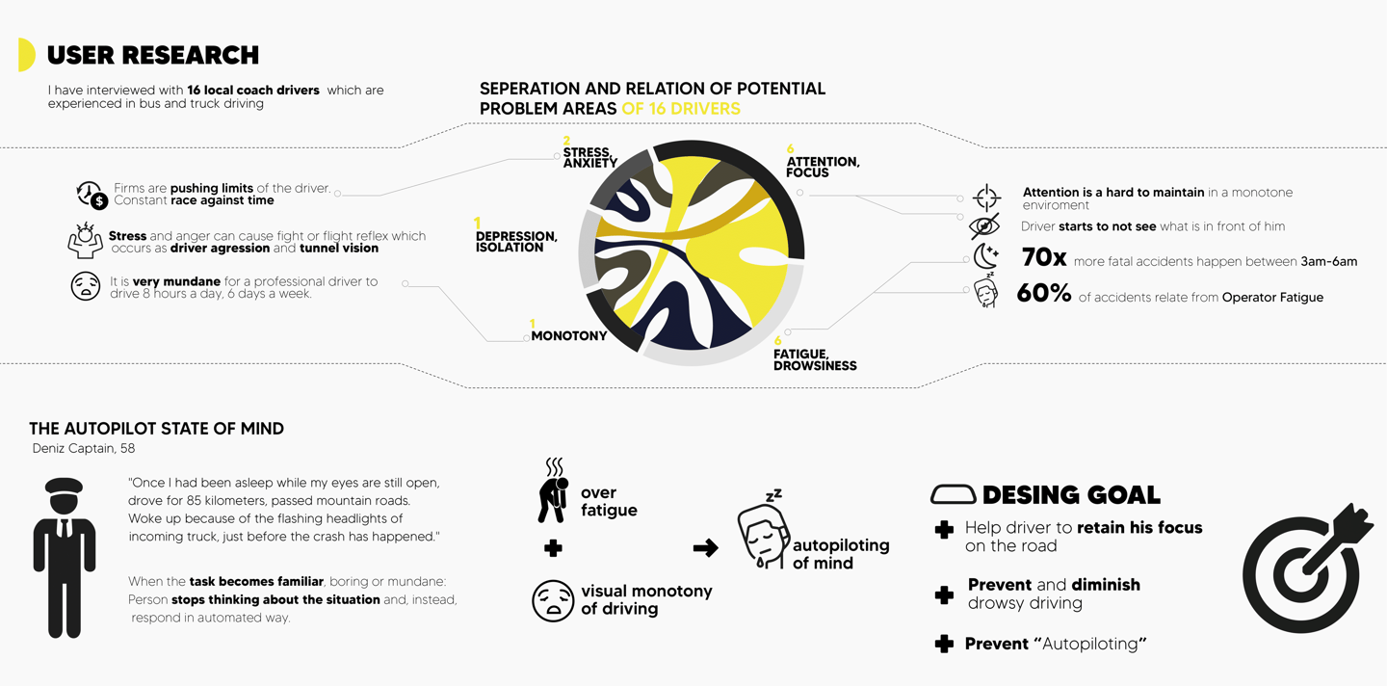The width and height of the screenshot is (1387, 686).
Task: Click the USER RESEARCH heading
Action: [x=152, y=55]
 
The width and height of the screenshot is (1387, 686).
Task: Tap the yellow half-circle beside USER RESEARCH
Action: [x=27, y=55]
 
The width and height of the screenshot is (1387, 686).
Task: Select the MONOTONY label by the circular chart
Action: [x=568, y=335]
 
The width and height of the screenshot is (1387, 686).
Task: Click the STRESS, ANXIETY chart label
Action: [x=589, y=157]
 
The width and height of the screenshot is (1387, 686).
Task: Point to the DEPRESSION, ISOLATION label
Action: [x=516, y=241]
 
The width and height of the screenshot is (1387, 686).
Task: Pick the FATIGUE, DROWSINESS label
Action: [x=814, y=359]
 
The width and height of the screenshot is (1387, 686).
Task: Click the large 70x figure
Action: [x=1043, y=258]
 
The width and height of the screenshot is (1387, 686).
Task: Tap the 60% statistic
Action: [x=1044, y=294]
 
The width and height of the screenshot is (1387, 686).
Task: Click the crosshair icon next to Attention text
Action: [x=986, y=198]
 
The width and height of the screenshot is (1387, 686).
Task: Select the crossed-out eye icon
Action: [x=984, y=227]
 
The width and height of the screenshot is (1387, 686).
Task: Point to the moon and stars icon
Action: [x=985, y=256]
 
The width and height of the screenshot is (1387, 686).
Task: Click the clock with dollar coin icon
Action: [x=92, y=195]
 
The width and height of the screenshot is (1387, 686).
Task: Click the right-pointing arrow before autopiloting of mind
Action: [x=705, y=548]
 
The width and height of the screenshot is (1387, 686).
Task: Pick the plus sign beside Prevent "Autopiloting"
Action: [x=944, y=644]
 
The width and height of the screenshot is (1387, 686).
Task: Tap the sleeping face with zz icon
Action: [x=762, y=530]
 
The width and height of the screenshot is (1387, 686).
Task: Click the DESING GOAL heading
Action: [x=1070, y=495]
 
